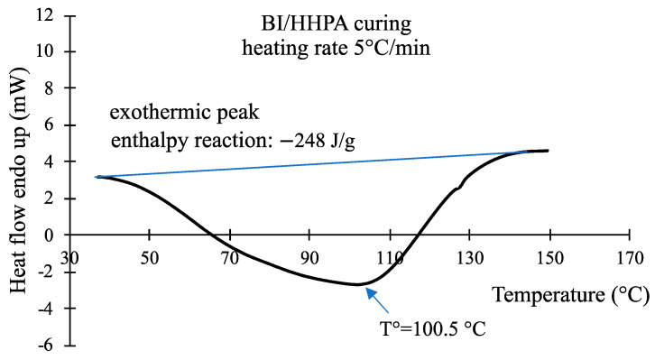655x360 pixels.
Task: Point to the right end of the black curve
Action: tap(548, 151)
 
